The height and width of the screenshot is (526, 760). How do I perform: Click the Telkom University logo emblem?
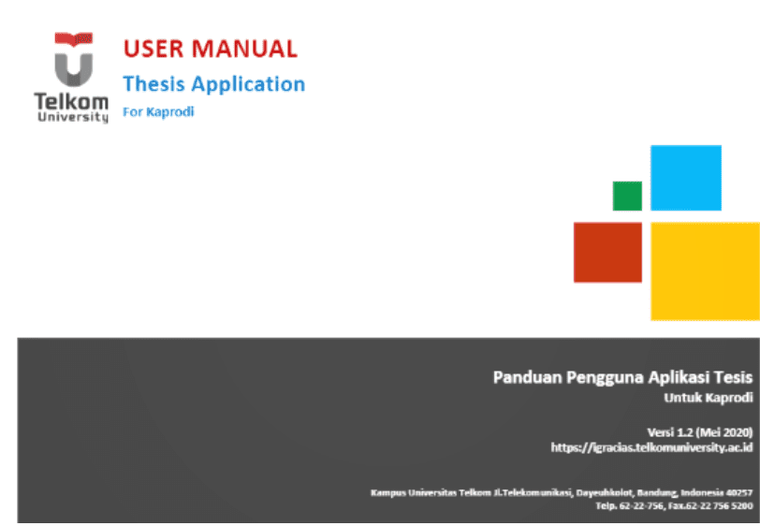pyautogui.click(x=73, y=60)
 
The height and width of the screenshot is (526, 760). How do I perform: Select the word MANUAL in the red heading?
pyautogui.click(x=243, y=49)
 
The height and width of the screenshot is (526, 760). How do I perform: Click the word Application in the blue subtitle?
pyautogui.click(x=248, y=84)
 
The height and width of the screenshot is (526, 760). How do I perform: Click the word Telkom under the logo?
pyautogui.click(x=71, y=101)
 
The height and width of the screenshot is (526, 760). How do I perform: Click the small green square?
pyautogui.click(x=627, y=196)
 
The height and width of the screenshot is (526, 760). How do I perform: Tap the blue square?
pyautogui.click(x=685, y=177)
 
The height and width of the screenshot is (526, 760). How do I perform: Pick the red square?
pyautogui.click(x=607, y=252)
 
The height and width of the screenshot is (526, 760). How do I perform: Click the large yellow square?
pyautogui.click(x=704, y=271)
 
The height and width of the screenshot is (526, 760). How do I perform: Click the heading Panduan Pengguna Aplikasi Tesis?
pyautogui.click(x=622, y=378)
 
